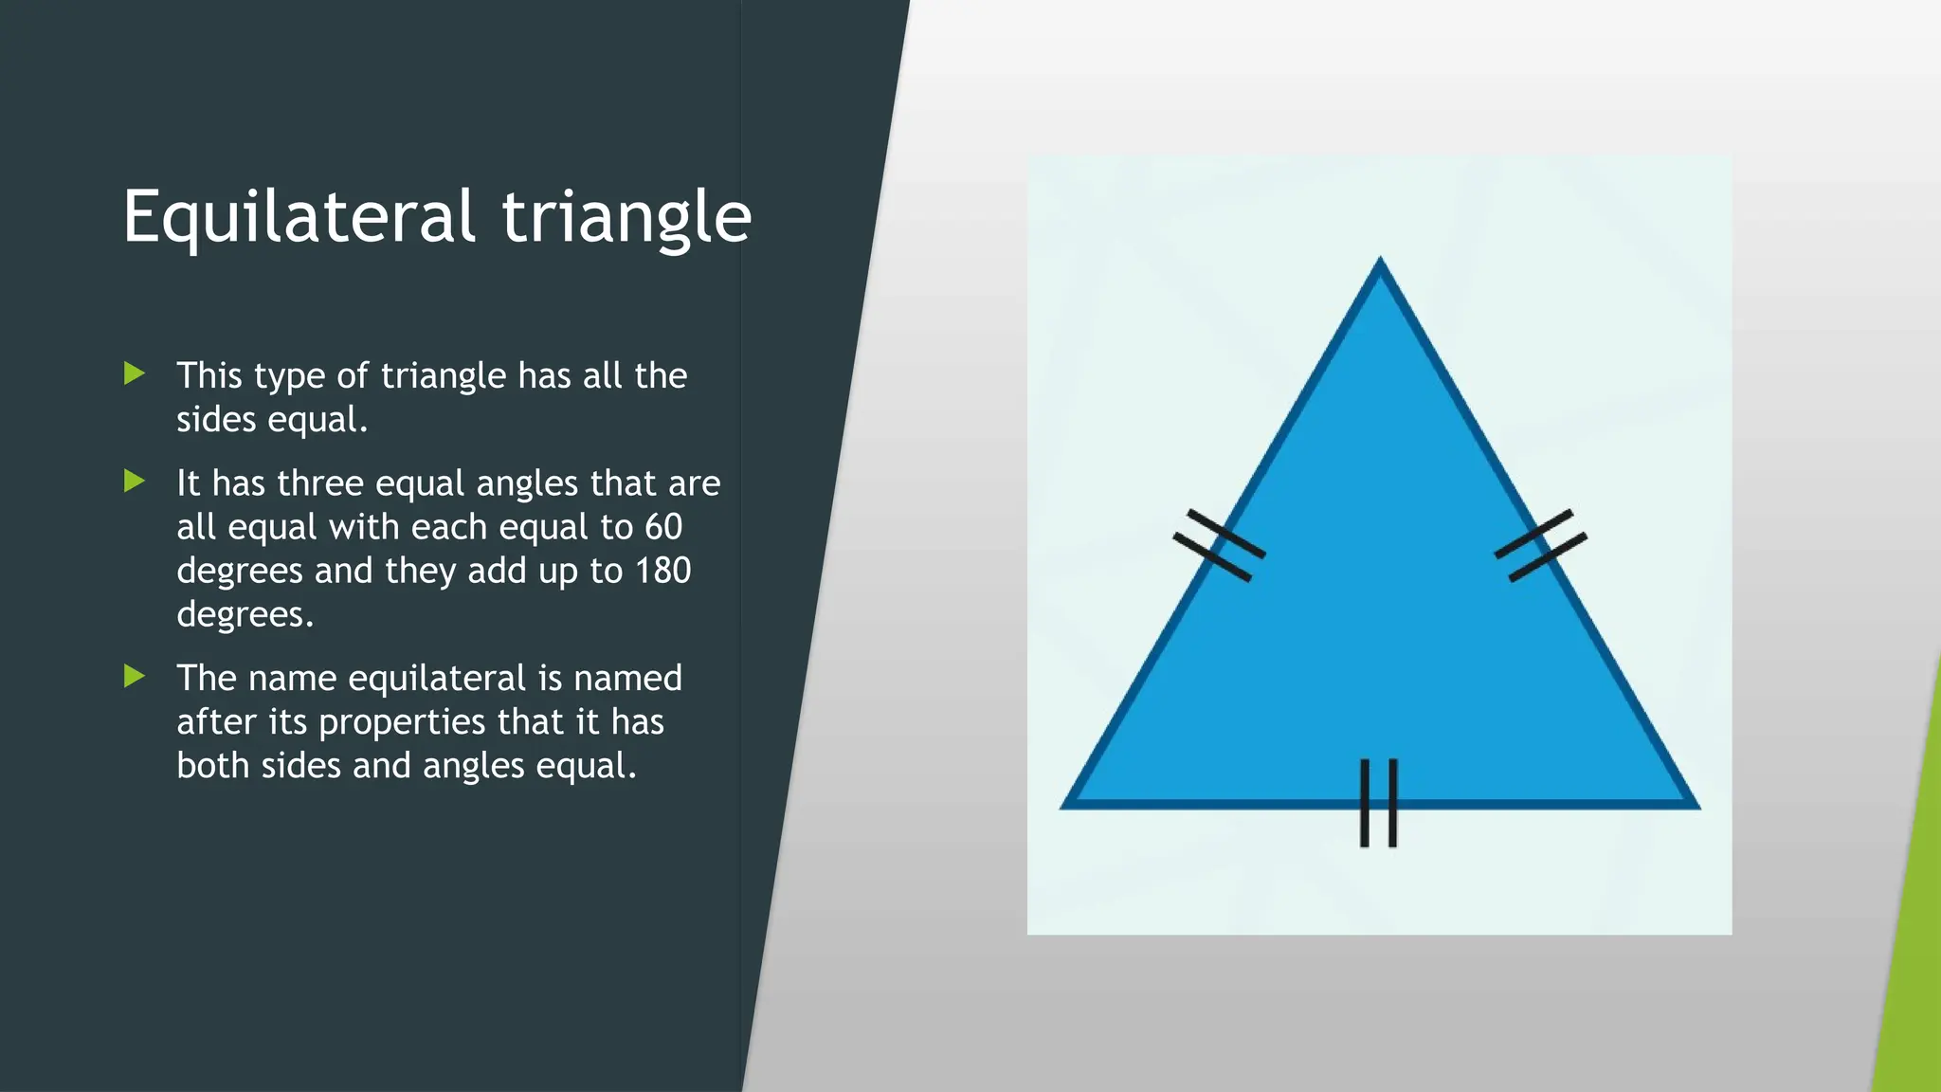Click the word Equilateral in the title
coord(298,218)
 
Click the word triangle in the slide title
coord(626,218)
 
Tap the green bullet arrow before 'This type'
coord(135,373)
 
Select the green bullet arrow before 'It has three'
coord(135,482)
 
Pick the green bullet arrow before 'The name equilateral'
coord(135,676)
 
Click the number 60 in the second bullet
coord(662,527)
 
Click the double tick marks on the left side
coord(1219,546)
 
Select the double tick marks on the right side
coord(1541,546)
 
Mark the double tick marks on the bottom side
coord(1379,803)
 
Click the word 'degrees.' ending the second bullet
coord(245,614)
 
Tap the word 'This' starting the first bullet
coord(209,375)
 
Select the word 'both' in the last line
coord(212,766)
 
